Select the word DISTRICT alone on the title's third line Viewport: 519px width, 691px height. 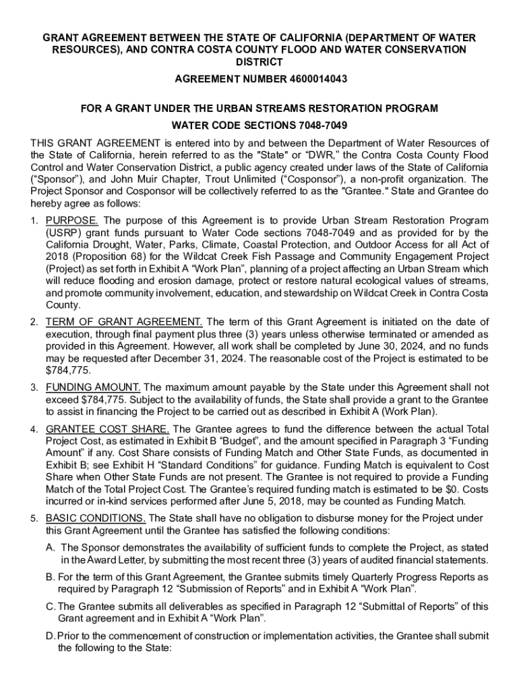pos(259,62)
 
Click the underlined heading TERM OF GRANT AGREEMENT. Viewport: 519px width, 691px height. pos(124,322)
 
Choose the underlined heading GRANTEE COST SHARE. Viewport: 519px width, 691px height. pos(107,429)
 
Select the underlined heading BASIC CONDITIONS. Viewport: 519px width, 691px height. pos(95,518)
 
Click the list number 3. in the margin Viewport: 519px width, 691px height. pos(34,388)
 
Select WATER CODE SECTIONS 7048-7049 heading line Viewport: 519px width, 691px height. pos(259,126)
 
